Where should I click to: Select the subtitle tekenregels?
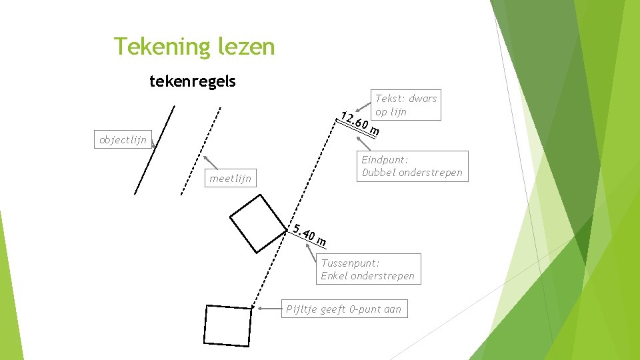pyautogui.click(x=192, y=82)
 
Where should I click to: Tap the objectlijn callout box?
pyautogui.click(x=122, y=140)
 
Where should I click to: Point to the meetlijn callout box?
pyautogui.click(x=230, y=178)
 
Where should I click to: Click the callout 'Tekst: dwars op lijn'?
pyautogui.click(x=405, y=105)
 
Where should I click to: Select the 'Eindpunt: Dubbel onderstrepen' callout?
pyautogui.click(x=411, y=166)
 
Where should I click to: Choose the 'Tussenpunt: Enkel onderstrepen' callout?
pyautogui.click(x=367, y=269)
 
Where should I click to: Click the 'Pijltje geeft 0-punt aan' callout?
pyautogui.click(x=343, y=309)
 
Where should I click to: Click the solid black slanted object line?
pyautogui.click(x=154, y=150)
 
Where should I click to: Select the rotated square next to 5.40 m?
pyautogui.click(x=257, y=223)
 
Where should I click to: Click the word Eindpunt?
pyautogui.click(x=384, y=159)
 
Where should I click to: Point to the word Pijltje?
pyautogui.click(x=301, y=309)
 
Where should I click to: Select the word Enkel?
pyautogui.click(x=335, y=276)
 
